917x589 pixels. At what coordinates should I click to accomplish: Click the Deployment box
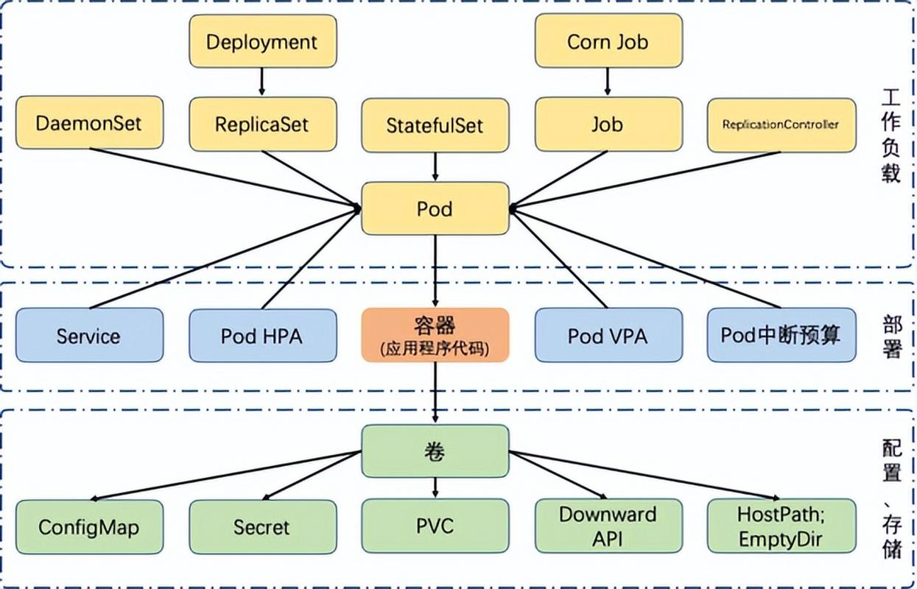(x=262, y=41)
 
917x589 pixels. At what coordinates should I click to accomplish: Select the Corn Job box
(x=608, y=41)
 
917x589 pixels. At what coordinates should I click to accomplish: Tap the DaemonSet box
(x=88, y=122)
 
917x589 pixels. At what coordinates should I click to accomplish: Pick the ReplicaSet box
(x=262, y=124)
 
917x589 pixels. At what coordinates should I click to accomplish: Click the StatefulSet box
(x=435, y=125)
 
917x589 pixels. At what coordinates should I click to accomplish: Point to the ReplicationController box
(x=780, y=124)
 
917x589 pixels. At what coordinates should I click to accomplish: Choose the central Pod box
(x=435, y=209)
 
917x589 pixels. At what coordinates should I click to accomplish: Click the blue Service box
(x=88, y=336)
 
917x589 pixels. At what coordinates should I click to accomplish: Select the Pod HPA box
(x=262, y=336)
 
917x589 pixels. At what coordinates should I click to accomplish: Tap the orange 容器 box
(x=435, y=335)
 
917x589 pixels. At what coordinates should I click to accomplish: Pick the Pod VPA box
(x=608, y=336)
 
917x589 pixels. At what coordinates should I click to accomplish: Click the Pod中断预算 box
(x=780, y=335)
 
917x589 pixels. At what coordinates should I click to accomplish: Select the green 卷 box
(x=435, y=451)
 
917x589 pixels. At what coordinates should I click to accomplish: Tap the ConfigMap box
(x=88, y=526)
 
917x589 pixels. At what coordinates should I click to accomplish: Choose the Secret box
(x=262, y=526)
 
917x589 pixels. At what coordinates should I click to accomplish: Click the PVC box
(x=435, y=526)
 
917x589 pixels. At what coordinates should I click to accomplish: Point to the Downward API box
(x=608, y=526)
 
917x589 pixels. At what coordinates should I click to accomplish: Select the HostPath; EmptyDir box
(x=780, y=526)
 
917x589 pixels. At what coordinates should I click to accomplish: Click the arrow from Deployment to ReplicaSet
(x=262, y=82)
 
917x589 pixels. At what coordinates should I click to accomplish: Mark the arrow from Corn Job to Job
(x=608, y=82)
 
